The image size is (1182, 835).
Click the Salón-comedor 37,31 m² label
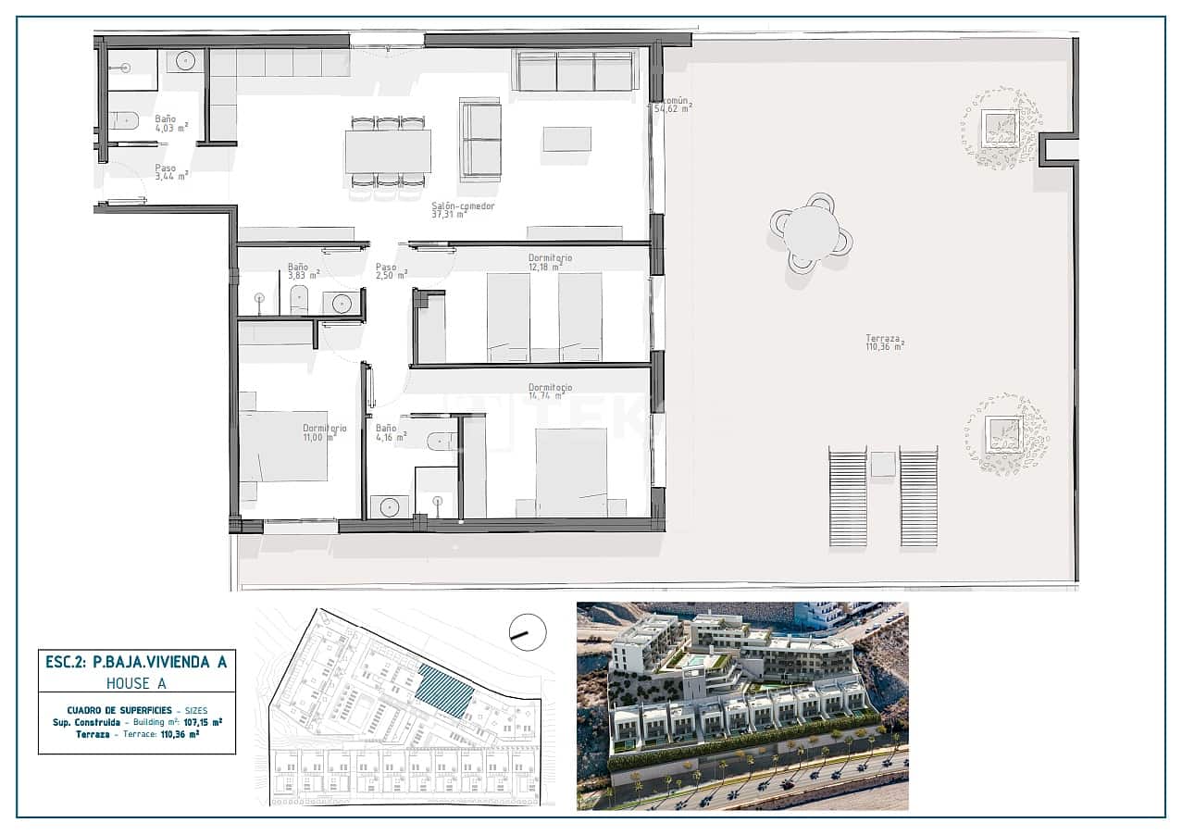coord(463,210)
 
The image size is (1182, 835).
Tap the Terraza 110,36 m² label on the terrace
coord(884,343)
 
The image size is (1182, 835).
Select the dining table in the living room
coord(388,152)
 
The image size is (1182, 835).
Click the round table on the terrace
coord(811,232)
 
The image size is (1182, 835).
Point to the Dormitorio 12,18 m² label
coord(551,262)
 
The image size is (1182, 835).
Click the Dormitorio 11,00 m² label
coord(324,432)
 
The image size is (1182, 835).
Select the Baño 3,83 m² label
coord(303,270)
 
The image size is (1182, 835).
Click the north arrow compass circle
coord(528,632)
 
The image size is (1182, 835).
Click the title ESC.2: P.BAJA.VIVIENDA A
coord(136,662)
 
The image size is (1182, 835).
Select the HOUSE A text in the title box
coord(136,683)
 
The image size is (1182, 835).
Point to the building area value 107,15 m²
coord(203,721)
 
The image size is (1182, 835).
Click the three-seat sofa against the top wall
coord(575,71)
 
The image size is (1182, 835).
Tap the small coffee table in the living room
coord(566,139)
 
